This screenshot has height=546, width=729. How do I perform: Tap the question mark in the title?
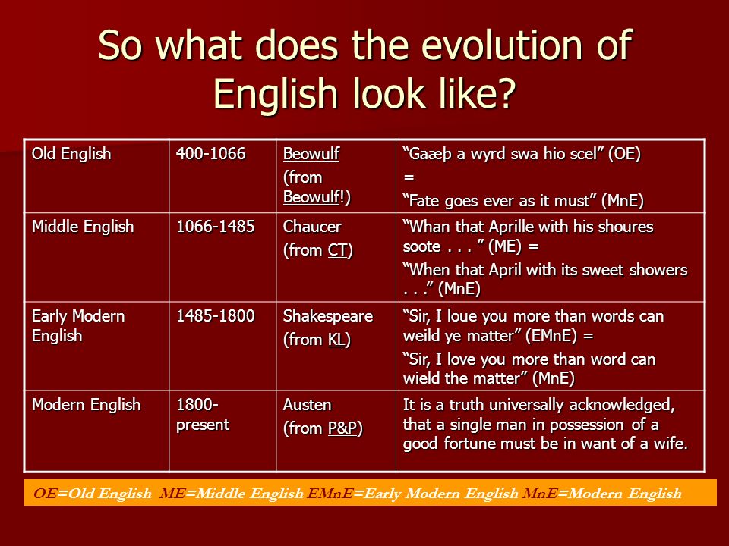(x=507, y=93)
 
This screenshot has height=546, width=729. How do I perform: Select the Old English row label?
(x=71, y=154)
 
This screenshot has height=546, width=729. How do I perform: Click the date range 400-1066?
(x=210, y=154)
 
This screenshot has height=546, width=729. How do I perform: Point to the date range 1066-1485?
(x=215, y=227)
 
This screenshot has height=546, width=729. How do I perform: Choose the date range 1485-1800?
(x=215, y=316)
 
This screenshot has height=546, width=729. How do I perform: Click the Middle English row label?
(x=83, y=227)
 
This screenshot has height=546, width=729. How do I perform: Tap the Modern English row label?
(x=86, y=405)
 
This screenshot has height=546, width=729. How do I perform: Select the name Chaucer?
(x=312, y=227)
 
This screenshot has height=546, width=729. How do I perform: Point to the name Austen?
(x=307, y=405)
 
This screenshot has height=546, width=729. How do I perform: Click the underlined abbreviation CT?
(x=337, y=250)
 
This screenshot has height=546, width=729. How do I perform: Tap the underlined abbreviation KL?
(x=336, y=340)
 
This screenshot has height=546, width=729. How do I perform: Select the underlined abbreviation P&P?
(x=342, y=428)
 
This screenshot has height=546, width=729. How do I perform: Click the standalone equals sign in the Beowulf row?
(x=409, y=177)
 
